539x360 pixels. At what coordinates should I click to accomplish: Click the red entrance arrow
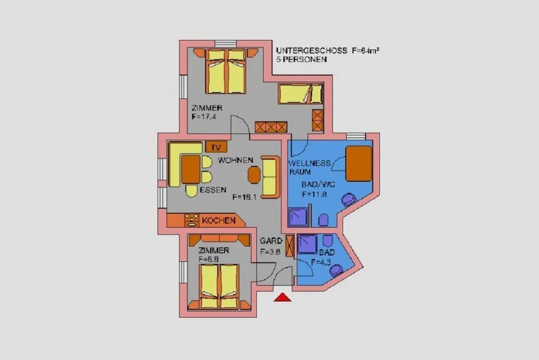click(282, 297)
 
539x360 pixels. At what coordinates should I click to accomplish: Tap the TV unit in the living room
click(216, 147)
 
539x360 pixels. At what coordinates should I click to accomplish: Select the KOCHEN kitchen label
click(219, 220)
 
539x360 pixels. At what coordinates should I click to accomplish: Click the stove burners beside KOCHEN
click(191, 220)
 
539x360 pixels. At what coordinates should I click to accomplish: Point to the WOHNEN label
click(235, 160)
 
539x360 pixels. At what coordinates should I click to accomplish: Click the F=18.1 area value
click(244, 197)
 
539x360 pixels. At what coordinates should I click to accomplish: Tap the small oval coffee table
click(254, 175)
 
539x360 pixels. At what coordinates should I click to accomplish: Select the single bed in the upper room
click(300, 94)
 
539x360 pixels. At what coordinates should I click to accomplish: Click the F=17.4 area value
click(204, 117)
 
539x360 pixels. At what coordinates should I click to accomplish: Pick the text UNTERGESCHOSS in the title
click(311, 51)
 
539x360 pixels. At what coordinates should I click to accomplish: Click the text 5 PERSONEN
click(301, 59)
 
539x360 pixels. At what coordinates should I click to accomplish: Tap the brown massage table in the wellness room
click(359, 164)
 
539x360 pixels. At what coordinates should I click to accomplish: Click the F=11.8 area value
click(314, 195)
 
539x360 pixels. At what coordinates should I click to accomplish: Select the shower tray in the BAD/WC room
click(298, 217)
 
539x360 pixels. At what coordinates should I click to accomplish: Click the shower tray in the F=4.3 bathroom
click(307, 244)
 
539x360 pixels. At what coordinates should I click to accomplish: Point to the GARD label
click(271, 241)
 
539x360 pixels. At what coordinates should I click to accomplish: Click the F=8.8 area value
click(209, 259)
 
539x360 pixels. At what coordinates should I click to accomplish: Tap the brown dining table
click(191, 169)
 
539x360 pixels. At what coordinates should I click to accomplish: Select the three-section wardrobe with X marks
click(271, 127)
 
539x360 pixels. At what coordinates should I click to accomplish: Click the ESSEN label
click(213, 190)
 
